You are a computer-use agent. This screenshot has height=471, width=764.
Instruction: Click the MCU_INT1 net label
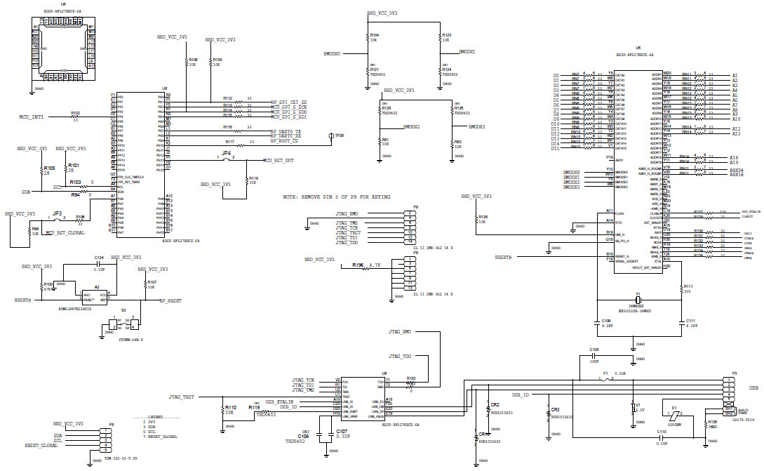32,117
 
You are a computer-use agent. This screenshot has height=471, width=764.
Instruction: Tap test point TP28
330,135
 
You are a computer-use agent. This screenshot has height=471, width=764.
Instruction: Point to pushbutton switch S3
123,324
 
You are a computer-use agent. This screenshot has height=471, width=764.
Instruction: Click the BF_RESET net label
170,300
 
